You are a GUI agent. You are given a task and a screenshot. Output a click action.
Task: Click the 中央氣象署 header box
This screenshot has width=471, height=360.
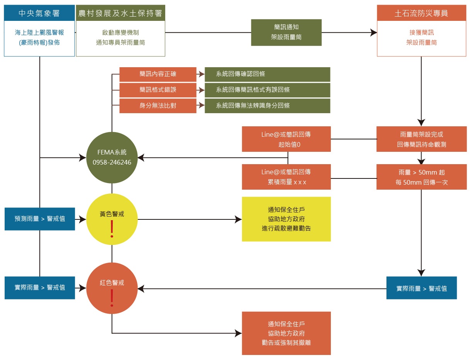point(39,14)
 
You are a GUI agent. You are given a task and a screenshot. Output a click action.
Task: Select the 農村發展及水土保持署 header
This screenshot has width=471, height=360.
point(120,14)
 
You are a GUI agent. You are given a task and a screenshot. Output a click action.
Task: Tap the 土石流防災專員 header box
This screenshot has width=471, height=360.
point(421,14)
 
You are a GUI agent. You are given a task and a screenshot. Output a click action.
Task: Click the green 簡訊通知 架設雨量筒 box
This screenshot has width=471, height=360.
point(286,32)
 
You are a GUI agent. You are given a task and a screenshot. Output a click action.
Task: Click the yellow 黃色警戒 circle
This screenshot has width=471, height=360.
point(112,219)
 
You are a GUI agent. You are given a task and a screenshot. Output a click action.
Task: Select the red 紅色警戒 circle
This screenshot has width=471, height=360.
point(112,288)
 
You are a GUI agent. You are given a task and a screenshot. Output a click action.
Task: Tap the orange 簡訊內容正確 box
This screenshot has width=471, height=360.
point(158,74)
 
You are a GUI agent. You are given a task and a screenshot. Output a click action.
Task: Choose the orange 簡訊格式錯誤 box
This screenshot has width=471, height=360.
point(158,90)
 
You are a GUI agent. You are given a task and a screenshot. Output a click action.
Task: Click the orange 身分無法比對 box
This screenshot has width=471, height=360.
point(158,105)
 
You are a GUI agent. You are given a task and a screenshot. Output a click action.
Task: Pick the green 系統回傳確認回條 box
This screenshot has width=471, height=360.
point(267,74)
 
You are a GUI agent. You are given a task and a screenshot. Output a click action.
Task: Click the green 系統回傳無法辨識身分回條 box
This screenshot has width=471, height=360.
point(267,105)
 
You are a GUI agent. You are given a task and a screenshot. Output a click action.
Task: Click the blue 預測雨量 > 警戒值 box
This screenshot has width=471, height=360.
point(40,219)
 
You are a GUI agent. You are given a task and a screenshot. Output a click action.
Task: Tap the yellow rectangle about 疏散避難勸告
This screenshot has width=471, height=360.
point(286,219)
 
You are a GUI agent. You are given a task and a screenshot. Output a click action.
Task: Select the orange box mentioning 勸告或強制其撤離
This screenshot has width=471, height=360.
point(286,333)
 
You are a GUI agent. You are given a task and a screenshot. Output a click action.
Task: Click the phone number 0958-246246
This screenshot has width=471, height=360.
point(112,163)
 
